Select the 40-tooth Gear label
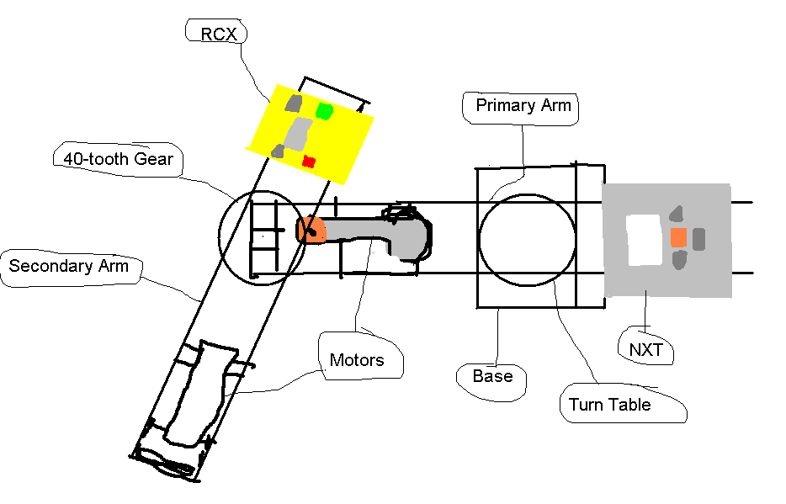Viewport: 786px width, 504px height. click(118, 159)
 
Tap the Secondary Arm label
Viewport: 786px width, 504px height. click(69, 267)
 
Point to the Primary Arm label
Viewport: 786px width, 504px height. click(523, 106)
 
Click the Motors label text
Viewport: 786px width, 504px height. click(357, 361)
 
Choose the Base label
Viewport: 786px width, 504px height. click(492, 376)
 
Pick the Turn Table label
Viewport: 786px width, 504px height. click(609, 405)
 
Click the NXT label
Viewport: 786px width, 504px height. click(646, 348)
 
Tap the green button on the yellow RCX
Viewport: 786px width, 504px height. click(324, 111)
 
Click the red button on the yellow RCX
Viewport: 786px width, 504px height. click(308, 161)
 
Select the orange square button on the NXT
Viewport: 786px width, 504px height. click(678, 238)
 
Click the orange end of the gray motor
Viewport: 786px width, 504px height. click(309, 230)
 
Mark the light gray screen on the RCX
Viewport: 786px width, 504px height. click(297, 133)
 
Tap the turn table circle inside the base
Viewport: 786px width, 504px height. click(527, 239)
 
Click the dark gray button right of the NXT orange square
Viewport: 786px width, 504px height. click(698, 239)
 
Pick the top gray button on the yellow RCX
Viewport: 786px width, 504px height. click(293, 103)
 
